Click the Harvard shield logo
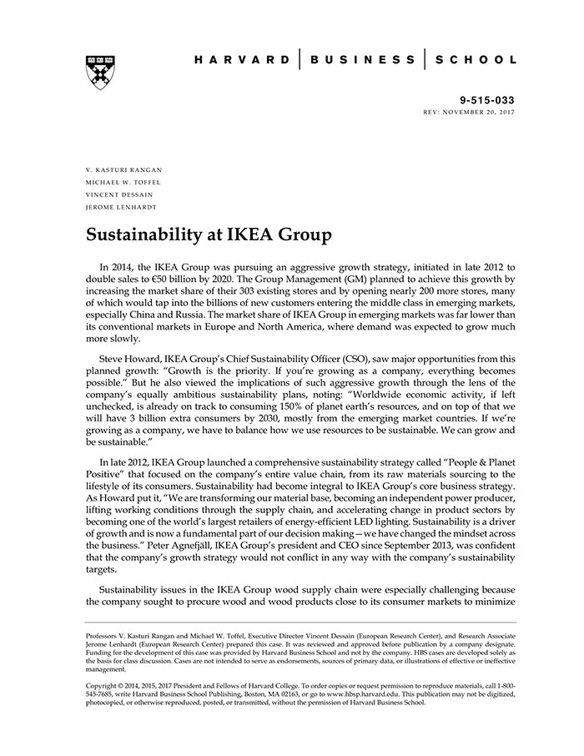[x=100, y=73]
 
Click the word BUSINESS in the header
[x=362, y=60]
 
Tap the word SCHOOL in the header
[x=475, y=60]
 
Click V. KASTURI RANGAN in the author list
[x=123, y=169]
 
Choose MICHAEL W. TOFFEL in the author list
[x=123, y=182]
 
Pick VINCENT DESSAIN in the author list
[x=119, y=194]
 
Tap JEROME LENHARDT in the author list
[x=120, y=207]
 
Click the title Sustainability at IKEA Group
[x=209, y=235]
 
